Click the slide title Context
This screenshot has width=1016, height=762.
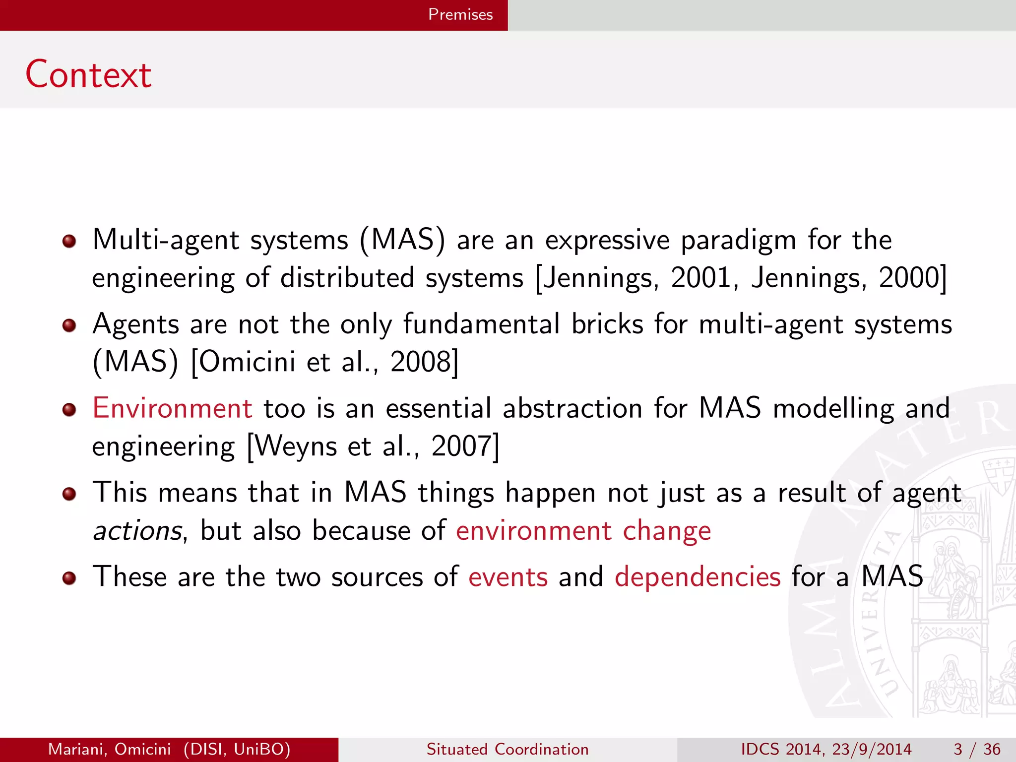click(88, 74)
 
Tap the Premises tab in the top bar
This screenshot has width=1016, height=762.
click(460, 14)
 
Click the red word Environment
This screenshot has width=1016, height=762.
click(173, 408)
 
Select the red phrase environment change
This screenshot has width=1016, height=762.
click(583, 531)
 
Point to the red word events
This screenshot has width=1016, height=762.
click(508, 577)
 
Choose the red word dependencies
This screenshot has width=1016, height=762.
click(698, 577)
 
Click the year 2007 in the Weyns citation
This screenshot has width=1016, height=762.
click(461, 446)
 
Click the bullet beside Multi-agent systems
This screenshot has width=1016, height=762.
click(69, 242)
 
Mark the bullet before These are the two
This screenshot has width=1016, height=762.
click(69, 578)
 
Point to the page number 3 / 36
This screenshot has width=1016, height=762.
click(976, 749)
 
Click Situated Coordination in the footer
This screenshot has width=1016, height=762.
click(508, 749)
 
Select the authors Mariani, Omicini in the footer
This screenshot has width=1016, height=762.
click(109, 749)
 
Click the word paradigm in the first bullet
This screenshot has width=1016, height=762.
click(738, 241)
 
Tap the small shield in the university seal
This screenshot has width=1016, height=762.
click(998, 475)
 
